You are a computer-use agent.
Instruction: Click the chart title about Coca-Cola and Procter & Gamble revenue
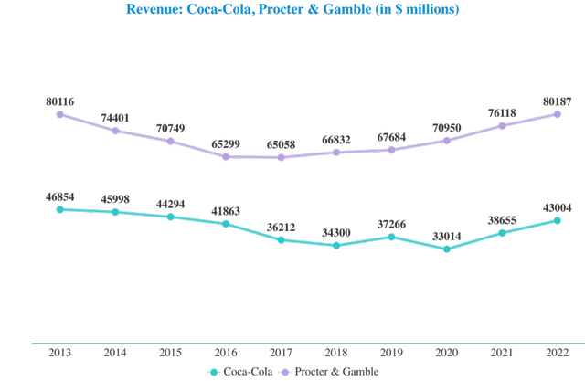(292, 10)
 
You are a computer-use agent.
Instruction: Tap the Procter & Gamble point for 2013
(60, 114)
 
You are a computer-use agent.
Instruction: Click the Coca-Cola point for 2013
(60, 209)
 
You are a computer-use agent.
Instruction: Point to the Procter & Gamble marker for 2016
(226, 157)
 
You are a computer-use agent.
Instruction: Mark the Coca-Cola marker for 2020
(447, 249)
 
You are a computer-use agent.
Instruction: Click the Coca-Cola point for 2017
(282, 239)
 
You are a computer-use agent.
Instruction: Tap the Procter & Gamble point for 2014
(115, 131)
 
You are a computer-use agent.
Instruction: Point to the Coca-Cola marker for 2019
(392, 237)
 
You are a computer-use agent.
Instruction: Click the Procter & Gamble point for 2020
(447, 141)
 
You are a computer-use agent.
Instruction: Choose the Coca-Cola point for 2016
(226, 224)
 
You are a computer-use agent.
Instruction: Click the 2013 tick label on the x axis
(60, 352)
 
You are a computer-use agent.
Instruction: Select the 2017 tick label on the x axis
(282, 352)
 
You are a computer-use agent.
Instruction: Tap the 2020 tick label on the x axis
(447, 352)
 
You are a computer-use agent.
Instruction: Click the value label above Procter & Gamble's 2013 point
(60, 101)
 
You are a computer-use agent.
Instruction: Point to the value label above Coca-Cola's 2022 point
(558, 207)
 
